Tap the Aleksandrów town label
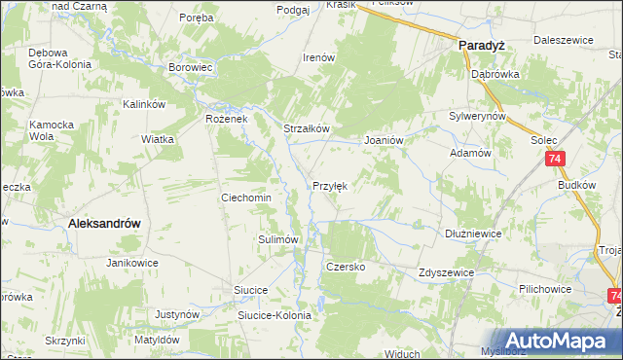104,223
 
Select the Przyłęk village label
330,185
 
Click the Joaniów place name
384,140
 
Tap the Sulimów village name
276,238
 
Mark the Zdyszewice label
445,273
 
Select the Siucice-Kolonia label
275,315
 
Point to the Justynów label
177,315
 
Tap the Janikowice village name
132,264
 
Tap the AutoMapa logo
555,341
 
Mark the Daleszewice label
562,42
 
